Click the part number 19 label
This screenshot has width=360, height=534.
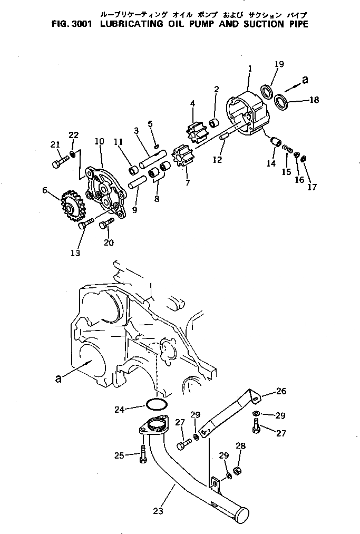[279, 64]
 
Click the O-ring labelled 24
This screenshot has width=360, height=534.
[156, 404]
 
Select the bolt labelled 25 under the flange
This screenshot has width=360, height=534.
[143, 454]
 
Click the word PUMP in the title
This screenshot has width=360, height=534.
[198, 24]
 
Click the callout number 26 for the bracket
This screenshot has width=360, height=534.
[281, 391]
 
